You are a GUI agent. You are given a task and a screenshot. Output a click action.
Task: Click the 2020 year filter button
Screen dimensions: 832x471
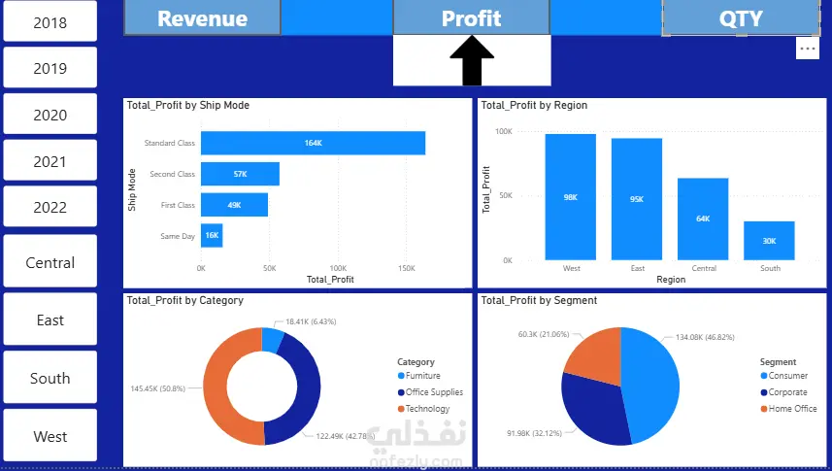pyautogui.click(x=50, y=115)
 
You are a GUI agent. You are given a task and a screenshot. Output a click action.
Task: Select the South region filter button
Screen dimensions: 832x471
pyautogui.click(x=50, y=378)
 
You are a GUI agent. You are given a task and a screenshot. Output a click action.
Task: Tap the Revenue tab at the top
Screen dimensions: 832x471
pyautogui.click(x=202, y=18)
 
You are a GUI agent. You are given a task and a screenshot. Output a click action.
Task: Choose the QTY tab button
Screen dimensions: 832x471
pyautogui.click(x=741, y=18)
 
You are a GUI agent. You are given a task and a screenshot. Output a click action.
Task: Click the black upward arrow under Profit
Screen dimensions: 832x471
pyautogui.click(x=472, y=60)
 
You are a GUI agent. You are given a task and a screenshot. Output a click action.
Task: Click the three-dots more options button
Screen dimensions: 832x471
pyautogui.click(x=807, y=49)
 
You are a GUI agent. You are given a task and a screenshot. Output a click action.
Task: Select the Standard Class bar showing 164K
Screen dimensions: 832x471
pyautogui.click(x=313, y=143)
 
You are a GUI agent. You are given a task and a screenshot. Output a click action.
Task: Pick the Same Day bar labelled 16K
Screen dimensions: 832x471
pyautogui.click(x=212, y=235)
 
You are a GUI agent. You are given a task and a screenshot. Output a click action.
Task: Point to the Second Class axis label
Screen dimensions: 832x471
pyautogui.click(x=173, y=174)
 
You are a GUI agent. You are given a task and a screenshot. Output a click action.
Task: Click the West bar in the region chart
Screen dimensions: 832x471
pyautogui.click(x=571, y=197)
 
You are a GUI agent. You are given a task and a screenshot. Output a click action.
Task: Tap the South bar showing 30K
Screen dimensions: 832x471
pyautogui.click(x=769, y=241)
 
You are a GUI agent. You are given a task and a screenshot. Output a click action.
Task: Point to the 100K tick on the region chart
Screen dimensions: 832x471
pyautogui.click(x=504, y=131)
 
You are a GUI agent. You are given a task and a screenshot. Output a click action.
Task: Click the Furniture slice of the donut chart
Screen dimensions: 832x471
pyautogui.click(x=273, y=340)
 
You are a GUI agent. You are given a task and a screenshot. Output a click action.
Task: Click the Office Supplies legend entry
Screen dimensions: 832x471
pyautogui.click(x=430, y=392)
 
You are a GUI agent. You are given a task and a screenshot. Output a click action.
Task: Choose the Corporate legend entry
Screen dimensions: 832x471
pyautogui.click(x=783, y=392)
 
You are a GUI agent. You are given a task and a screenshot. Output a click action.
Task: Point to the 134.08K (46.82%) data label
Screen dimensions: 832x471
pyautogui.click(x=705, y=337)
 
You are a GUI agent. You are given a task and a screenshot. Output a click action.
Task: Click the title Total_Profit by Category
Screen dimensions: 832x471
pyautogui.click(x=185, y=300)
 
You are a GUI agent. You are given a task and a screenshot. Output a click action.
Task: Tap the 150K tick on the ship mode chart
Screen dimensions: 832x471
pyautogui.click(x=407, y=268)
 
